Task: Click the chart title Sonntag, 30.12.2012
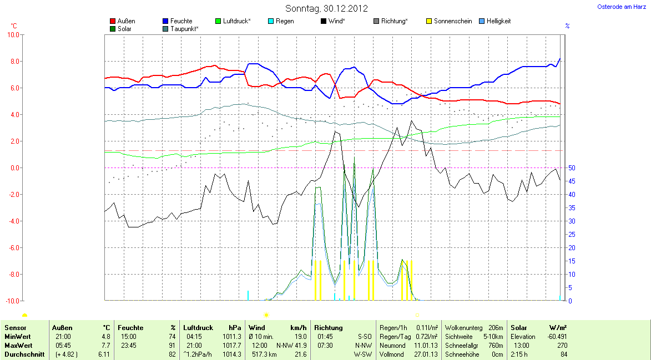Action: coord(326,8)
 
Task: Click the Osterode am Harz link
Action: coord(622,7)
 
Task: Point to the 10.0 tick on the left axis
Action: coord(12,34)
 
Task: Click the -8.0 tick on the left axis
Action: coord(12,274)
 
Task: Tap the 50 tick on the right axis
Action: coord(572,168)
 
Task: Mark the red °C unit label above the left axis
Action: coord(14,26)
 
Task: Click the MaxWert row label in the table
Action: coord(18,345)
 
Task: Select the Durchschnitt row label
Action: coord(24,354)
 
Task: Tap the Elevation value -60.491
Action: coord(557,336)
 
